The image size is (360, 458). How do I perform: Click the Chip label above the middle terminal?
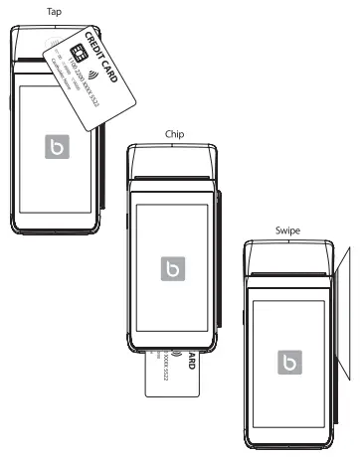174,132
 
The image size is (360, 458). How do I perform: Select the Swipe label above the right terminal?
288,230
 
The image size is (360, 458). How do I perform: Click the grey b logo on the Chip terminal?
173,269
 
